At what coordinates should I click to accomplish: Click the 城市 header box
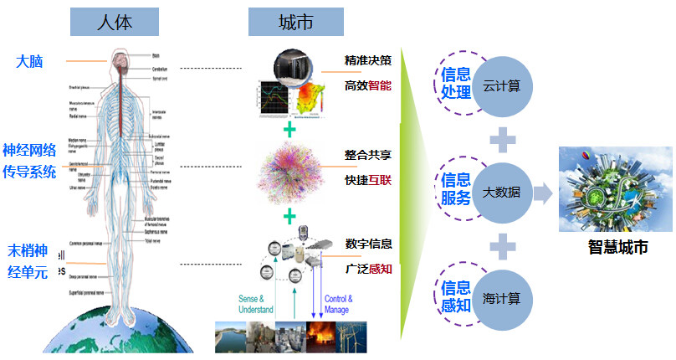[295, 22]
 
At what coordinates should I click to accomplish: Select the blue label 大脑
[29, 61]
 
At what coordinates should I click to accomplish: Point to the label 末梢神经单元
[30, 260]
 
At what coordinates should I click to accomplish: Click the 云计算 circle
[502, 86]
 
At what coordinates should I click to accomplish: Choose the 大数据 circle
[502, 192]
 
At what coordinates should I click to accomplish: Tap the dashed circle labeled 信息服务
[456, 189]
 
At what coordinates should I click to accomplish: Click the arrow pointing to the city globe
[544, 194]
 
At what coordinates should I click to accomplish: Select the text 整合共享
[368, 156]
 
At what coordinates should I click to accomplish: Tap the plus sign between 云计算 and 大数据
[502, 138]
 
